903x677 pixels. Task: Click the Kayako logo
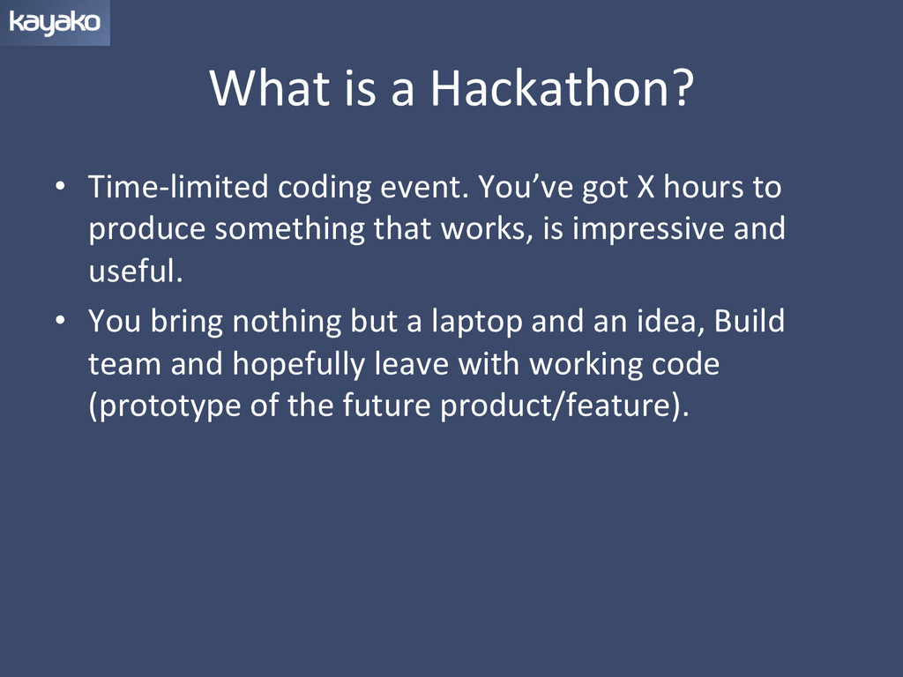click(55, 22)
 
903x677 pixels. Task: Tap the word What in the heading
click(270, 88)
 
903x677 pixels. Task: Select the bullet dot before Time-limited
click(61, 187)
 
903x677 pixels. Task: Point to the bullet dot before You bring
click(61, 321)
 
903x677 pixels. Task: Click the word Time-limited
click(178, 187)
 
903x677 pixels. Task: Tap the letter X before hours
click(646, 188)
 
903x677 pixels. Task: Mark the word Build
click(750, 321)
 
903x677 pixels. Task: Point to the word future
click(386, 405)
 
